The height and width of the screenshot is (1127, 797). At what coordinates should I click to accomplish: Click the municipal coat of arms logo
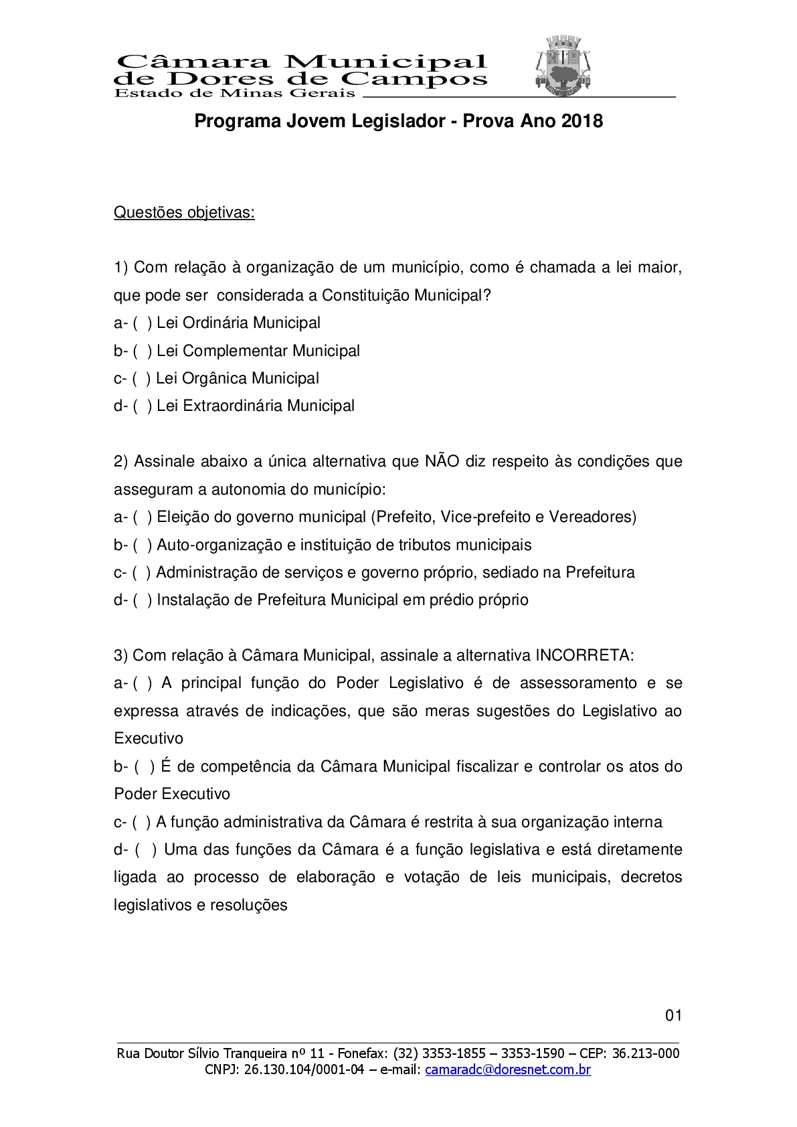pyautogui.click(x=563, y=65)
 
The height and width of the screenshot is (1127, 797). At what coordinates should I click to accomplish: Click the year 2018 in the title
pyautogui.click(x=582, y=121)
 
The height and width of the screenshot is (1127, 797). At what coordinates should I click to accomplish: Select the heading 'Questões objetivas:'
pyautogui.click(x=184, y=213)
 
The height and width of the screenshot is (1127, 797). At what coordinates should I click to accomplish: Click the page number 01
pyautogui.click(x=673, y=1016)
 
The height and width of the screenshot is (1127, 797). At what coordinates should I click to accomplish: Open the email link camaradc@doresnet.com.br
pyautogui.click(x=508, y=1070)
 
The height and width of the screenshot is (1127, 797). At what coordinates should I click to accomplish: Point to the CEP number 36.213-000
pyautogui.click(x=646, y=1054)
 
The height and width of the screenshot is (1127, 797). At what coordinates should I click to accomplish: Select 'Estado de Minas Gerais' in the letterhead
pyautogui.click(x=235, y=93)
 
